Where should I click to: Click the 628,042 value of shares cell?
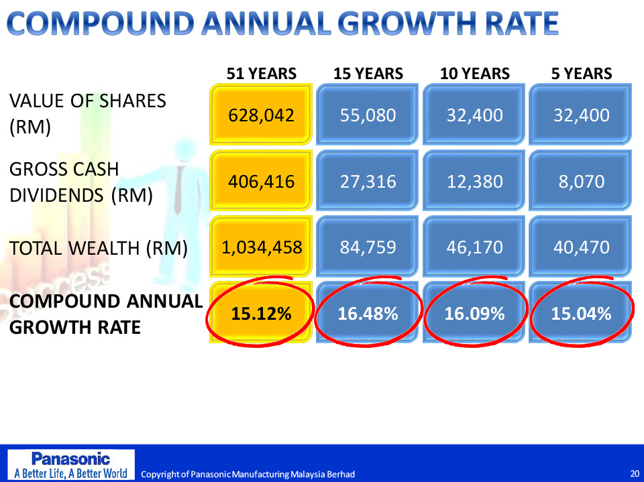261,115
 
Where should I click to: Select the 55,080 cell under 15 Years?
368,115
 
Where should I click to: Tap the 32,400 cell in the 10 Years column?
474,115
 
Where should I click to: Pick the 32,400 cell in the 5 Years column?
581,115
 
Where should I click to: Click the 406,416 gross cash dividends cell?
261,181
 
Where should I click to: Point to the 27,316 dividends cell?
368,181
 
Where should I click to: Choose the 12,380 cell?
474,181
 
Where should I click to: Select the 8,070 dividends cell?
581,181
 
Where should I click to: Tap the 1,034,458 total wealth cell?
262,247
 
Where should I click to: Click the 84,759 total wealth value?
368,247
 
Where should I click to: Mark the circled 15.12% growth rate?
261,313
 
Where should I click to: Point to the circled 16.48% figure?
368,313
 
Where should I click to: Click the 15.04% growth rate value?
581,313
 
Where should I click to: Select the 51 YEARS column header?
261,74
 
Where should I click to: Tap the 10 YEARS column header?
474,74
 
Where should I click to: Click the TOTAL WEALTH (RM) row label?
98,248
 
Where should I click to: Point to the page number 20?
634,473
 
